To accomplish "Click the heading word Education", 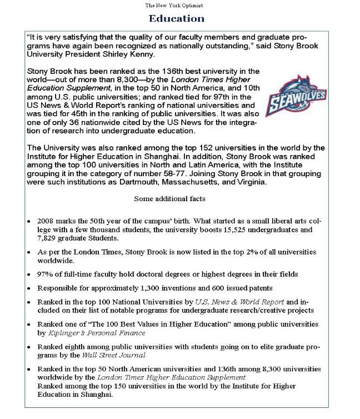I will point(177,18).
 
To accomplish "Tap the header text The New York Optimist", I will point(174,5).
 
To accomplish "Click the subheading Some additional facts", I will point(169,198).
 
